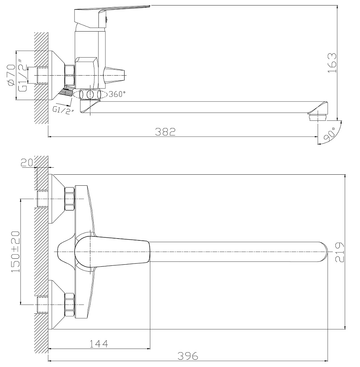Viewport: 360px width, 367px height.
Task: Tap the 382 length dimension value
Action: coord(165,132)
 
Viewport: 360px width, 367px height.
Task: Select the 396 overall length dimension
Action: coord(188,356)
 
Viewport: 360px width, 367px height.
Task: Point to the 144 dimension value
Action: coord(99,344)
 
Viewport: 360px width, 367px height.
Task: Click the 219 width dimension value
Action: coord(340,252)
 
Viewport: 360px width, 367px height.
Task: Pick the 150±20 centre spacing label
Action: coord(16,252)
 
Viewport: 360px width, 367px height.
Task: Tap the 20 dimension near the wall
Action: coord(27,163)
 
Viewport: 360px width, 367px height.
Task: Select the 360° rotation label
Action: coord(117,94)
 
